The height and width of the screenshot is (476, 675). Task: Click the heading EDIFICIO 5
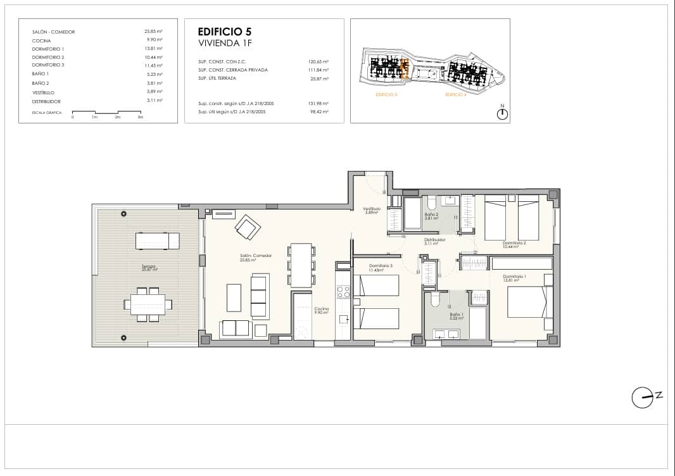point(225,31)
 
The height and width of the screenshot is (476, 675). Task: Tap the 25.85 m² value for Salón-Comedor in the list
point(154,31)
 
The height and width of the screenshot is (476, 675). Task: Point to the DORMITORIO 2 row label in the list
point(48,57)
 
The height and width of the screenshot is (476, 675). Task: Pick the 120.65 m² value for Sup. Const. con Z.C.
point(319,61)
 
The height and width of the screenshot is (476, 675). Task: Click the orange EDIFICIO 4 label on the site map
point(455,94)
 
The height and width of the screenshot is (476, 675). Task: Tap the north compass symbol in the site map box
point(502,113)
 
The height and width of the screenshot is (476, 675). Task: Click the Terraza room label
point(149,268)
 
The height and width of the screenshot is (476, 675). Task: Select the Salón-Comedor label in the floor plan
point(256,257)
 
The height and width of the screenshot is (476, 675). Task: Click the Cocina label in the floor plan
point(322,310)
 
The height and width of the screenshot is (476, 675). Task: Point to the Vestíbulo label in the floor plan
point(371,210)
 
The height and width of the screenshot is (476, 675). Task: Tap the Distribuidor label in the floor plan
point(435,241)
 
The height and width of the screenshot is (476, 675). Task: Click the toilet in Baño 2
point(431,203)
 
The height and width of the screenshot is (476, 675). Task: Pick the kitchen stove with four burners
point(343,292)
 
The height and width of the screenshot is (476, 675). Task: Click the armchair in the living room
point(246,226)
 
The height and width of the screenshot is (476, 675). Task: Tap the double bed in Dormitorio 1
point(526,302)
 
